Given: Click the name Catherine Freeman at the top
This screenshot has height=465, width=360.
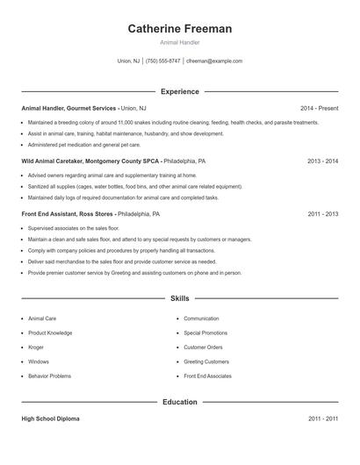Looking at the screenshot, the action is click(x=180, y=29).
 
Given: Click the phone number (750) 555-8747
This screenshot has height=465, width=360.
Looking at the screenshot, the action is click(x=163, y=61).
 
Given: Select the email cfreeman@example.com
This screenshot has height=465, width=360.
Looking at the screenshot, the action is click(x=214, y=61).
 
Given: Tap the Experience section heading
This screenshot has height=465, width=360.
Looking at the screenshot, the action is click(x=180, y=91).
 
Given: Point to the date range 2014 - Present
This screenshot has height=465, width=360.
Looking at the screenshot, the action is click(x=319, y=108).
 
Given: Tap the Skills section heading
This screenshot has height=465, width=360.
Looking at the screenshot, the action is click(x=180, y=299).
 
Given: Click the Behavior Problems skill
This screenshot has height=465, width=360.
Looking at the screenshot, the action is click(x=49, y=376).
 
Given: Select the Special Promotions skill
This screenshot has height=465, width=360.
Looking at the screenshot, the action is click(x=205, y=333).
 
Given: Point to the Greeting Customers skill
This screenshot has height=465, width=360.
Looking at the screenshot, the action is click(x=206, y=361).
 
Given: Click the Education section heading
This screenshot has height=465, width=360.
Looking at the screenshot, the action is click(x=180, y=403).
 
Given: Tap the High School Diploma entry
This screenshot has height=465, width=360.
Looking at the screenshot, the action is click(x=50, y=419).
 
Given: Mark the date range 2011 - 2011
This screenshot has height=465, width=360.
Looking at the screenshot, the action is click(x=322, y=419).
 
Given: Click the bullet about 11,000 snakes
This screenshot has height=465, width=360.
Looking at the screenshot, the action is click(x=173, y=123).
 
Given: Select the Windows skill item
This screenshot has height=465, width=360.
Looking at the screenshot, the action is click(x=39, y=361).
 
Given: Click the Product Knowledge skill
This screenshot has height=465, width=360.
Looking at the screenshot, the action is click(x=50, y=333).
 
